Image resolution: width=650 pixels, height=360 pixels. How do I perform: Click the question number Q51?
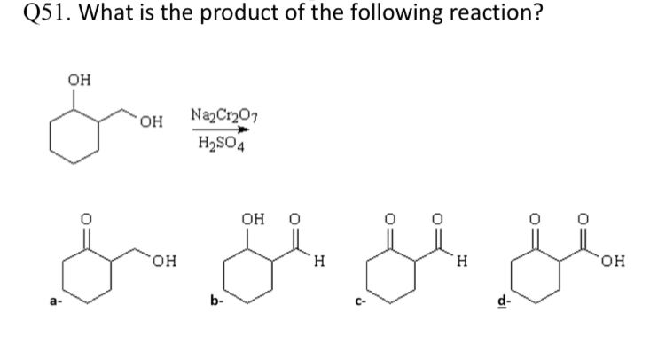(46, 17)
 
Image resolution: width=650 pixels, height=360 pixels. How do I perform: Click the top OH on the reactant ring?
(78, 80)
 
